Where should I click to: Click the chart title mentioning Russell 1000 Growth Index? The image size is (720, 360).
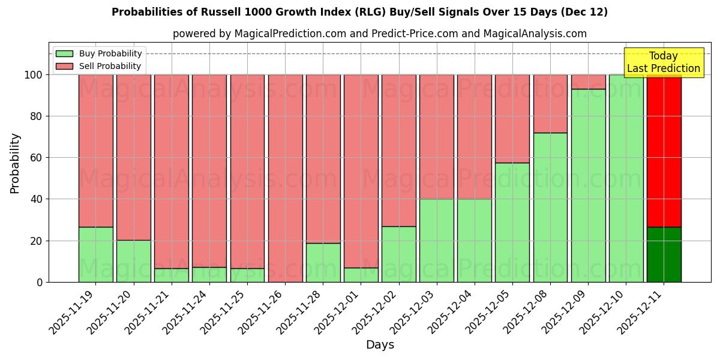359,12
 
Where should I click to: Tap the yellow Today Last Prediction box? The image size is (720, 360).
663,62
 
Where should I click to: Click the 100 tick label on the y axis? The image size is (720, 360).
34,75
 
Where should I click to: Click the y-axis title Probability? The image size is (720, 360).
15,163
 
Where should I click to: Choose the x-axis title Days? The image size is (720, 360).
380,345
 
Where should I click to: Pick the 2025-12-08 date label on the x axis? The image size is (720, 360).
528,312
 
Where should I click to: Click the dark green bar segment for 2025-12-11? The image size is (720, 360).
664,254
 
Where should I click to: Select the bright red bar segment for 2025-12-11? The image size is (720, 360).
664,150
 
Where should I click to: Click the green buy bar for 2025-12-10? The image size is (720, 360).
626,178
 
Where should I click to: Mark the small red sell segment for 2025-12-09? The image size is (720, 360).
588,82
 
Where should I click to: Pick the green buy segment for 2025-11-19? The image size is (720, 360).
95,254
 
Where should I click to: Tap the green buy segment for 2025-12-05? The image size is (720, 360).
512,222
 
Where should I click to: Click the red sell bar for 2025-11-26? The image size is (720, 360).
285,178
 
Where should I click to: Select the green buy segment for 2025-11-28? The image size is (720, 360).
323,262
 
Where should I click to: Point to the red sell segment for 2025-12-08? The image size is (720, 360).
550,103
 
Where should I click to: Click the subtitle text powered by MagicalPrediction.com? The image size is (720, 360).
379,34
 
